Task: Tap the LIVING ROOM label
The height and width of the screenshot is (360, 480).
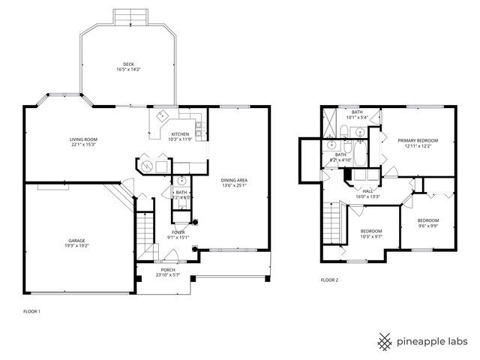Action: pos(83,139)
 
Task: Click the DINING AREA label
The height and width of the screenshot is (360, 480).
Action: pos(235,180)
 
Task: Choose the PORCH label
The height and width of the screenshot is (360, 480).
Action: pos(167,270)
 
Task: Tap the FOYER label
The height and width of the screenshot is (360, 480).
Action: pos(178,232)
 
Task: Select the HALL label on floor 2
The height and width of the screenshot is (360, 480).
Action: pos(368,191)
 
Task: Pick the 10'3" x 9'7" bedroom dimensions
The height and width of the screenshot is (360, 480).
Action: pos(371,236)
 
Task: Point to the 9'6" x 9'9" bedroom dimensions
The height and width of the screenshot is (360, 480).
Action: pos(428,226)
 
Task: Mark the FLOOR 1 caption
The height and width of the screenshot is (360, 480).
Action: pos(31,310)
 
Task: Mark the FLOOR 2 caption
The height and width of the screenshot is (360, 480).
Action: pos(330,280)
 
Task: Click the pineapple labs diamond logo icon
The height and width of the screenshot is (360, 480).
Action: pos(385,341)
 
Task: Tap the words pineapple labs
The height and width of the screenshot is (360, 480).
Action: pos(433,341)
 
